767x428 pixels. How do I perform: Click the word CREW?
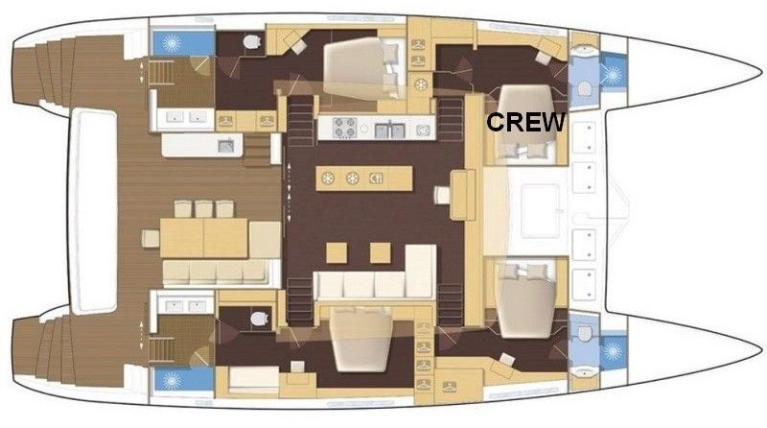525,122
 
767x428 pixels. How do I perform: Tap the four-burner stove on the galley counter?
345,128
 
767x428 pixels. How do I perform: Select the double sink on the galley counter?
390,131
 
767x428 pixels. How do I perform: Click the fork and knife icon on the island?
376,178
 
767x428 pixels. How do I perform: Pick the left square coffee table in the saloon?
337,252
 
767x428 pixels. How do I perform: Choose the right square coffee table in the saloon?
380,252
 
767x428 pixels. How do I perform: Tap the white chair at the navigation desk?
442,195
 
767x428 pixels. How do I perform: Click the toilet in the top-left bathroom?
252,42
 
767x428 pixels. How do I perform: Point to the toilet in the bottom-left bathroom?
259,319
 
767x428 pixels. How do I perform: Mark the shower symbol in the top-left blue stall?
172,43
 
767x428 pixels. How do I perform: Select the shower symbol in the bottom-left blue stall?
172,380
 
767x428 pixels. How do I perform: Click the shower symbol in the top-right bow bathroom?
612,75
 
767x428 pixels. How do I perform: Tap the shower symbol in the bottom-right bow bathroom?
612,351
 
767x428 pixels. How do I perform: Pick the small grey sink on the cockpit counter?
225,146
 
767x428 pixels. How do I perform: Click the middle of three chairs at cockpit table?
204,209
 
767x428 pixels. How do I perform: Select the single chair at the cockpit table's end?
151,239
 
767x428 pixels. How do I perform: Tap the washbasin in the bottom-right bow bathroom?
584,372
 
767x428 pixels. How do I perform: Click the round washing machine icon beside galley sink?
423,131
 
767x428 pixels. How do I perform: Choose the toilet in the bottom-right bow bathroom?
585,334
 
